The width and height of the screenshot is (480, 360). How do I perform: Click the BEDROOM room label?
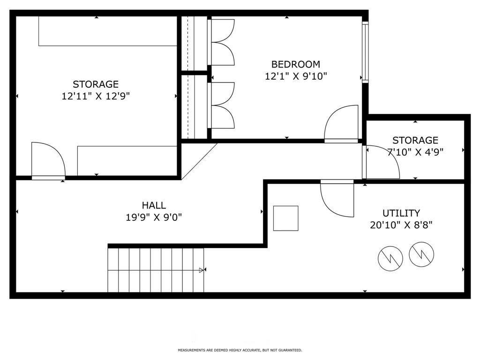click(296, 64)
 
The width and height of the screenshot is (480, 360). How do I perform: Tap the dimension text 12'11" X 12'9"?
click(96, 96)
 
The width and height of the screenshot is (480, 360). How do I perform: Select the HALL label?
click(154, 205)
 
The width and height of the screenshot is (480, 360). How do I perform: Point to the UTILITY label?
click(401, 213)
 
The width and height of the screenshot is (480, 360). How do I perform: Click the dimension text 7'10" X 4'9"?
click(415, 152)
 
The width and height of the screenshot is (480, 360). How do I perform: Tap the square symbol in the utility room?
click(285, 218)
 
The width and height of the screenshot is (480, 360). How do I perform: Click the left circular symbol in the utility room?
click(390, 258)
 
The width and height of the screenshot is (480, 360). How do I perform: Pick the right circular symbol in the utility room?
click(421, 255)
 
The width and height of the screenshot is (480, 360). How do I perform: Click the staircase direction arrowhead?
click(202, 270)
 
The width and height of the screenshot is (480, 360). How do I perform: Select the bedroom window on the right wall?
click(365, 52)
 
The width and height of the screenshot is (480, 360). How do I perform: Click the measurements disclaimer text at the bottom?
click(240, 350)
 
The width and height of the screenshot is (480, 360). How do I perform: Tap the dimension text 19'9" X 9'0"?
click(154, 217)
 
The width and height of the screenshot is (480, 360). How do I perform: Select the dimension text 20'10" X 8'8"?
click(401, 225)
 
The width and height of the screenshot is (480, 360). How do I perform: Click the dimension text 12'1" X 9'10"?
click(296, 76)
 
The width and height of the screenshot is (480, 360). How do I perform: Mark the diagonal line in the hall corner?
click(199, 161)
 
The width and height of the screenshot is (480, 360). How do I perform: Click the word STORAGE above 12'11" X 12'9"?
click(96, 84)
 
